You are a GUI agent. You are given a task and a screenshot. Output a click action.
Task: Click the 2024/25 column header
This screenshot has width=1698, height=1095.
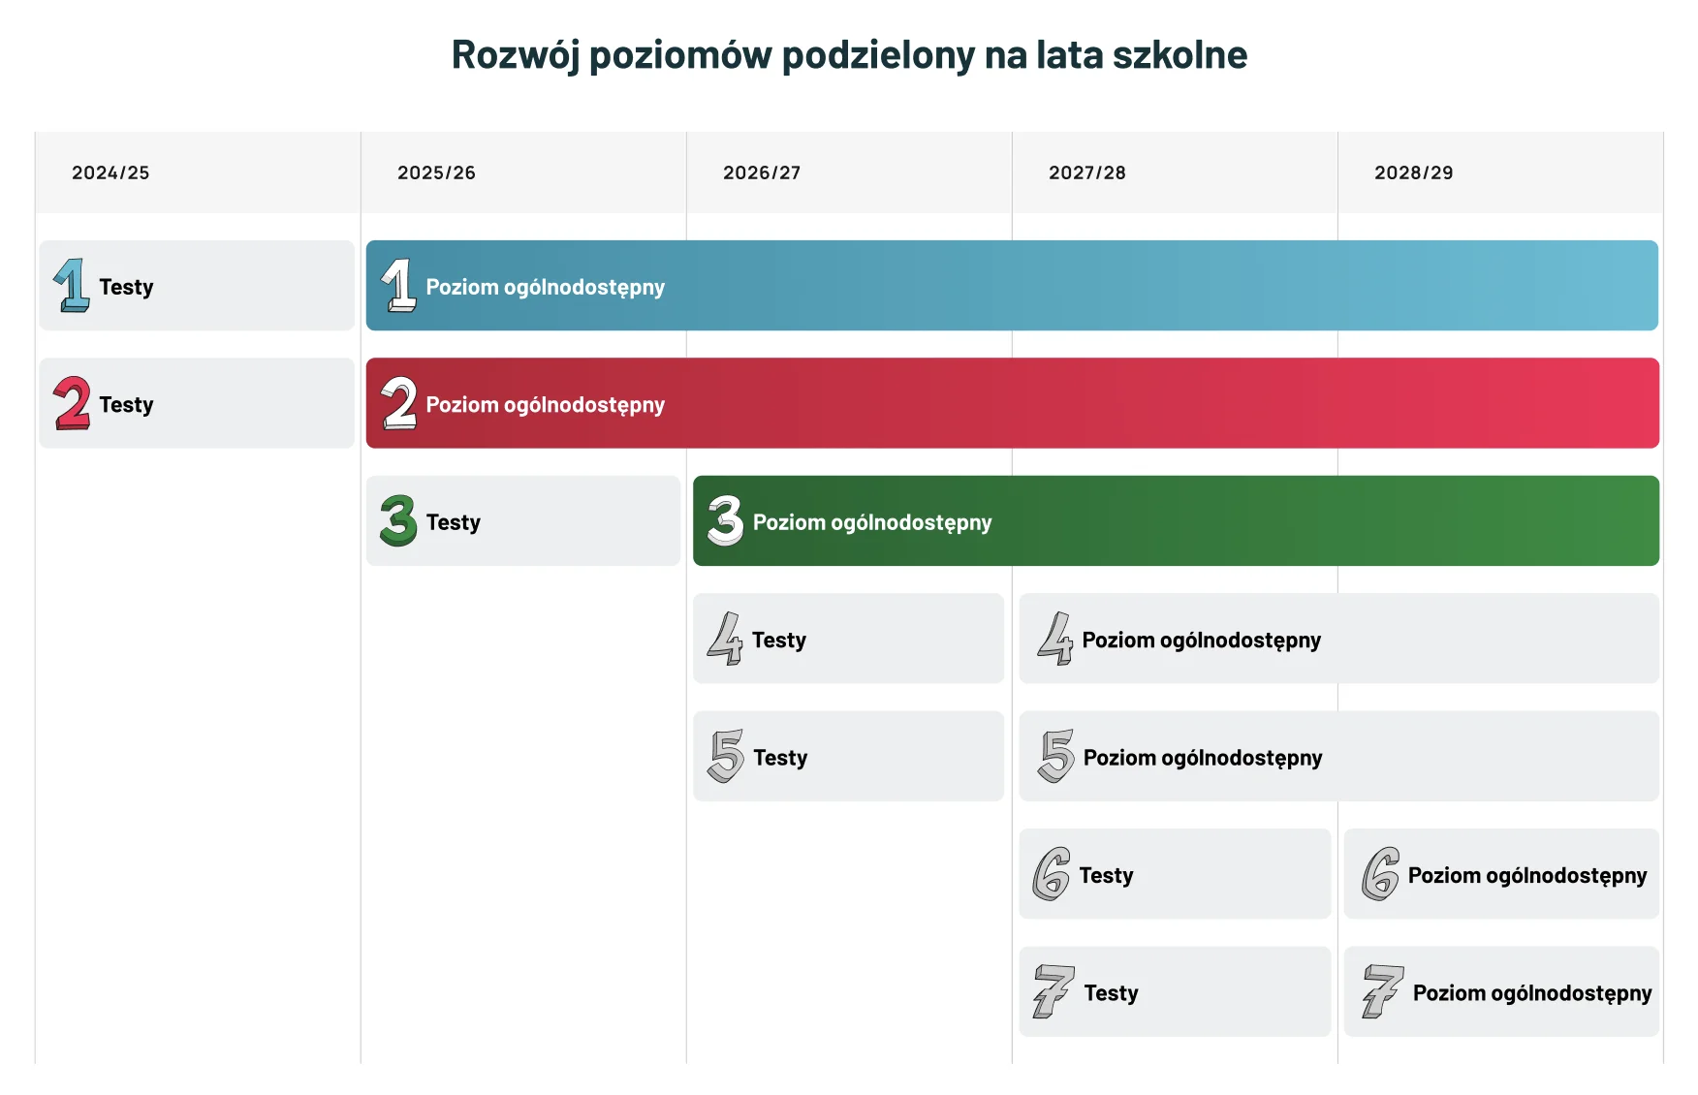pos(110,172)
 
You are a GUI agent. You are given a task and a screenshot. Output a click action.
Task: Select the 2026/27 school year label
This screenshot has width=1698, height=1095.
pos(762,172)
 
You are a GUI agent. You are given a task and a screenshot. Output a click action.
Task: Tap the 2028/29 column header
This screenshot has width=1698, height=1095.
pos(1414,172)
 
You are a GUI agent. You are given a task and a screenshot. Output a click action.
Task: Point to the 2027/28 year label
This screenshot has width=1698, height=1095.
pos(1087,172)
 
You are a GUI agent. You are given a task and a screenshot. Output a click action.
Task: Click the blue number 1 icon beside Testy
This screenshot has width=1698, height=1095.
pos(72,286)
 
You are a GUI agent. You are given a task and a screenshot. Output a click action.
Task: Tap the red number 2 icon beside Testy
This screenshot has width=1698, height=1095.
pos(73,403)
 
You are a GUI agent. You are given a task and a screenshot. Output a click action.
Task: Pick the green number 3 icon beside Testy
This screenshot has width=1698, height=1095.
pos(398,521)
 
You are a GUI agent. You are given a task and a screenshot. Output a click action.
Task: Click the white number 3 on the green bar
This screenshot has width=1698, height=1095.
pos(725,521)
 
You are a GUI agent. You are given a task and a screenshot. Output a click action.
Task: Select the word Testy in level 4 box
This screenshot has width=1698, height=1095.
pos(779,640)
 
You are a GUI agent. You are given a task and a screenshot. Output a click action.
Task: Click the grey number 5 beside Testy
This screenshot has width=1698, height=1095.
pos(727,756)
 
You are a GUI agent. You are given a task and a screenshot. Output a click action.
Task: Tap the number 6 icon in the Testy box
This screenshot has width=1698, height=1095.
pos(1052,874)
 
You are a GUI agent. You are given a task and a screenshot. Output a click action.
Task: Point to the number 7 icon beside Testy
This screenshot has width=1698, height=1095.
pos(1053,991)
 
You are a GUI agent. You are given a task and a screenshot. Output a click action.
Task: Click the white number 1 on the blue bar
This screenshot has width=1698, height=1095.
pos(399,286)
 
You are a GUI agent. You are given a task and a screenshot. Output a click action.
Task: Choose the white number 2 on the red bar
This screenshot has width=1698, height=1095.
pos(399,403)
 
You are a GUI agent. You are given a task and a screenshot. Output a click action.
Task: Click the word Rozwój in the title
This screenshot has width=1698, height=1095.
pos(516,55)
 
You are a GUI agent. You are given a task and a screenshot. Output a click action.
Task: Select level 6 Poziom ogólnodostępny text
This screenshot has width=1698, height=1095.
pos(1527,875)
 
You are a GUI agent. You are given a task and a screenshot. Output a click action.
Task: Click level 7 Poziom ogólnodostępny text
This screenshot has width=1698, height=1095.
pos(1532,993)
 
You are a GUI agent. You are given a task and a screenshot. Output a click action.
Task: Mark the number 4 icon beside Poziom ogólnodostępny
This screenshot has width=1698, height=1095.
pos(1055,639)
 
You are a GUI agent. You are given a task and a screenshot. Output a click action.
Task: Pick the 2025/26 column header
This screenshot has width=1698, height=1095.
pos(436,172)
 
